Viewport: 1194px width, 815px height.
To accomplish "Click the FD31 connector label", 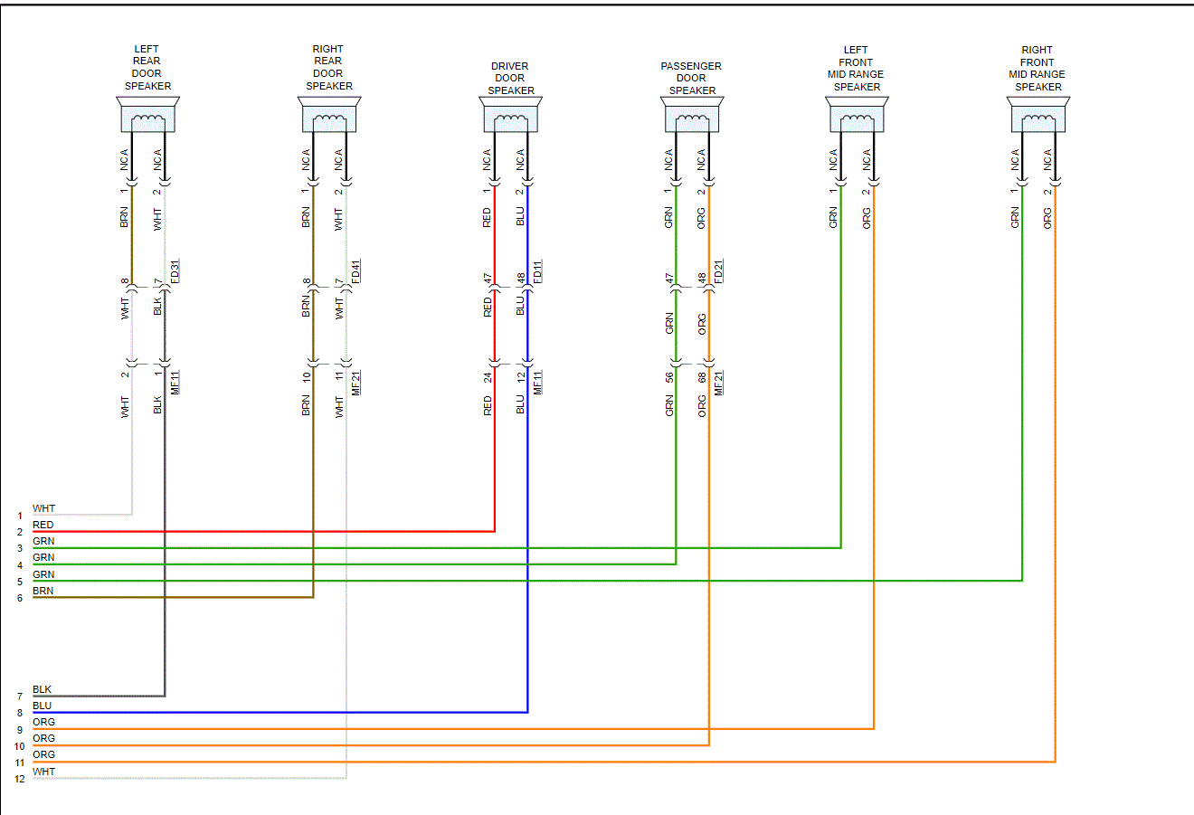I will tap(175, 271).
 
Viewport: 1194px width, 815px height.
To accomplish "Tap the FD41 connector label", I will tap(356, 271).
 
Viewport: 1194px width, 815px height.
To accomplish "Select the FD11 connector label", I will tap(538, 271).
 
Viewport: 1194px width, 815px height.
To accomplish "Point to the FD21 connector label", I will tap(719, 271).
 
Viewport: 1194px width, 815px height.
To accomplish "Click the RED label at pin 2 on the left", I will tap(43, 525).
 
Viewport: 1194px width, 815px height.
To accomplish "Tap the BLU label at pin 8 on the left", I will tap(43, 706).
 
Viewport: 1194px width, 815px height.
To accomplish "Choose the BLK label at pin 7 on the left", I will tap(43, 689).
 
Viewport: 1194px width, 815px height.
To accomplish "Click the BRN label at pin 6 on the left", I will tap(43, 591).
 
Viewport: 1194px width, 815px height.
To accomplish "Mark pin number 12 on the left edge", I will tap(19, 779).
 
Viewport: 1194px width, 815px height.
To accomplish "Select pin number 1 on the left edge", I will tap(19, 516).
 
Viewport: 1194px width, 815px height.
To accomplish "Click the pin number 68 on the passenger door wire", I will tap(702, 377).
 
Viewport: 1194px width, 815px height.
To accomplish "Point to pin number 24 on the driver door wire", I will tap(488, 377).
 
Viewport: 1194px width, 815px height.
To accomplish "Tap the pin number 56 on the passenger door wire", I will tap(669, 377).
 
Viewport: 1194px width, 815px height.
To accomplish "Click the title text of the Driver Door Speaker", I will tap(510, 78).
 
